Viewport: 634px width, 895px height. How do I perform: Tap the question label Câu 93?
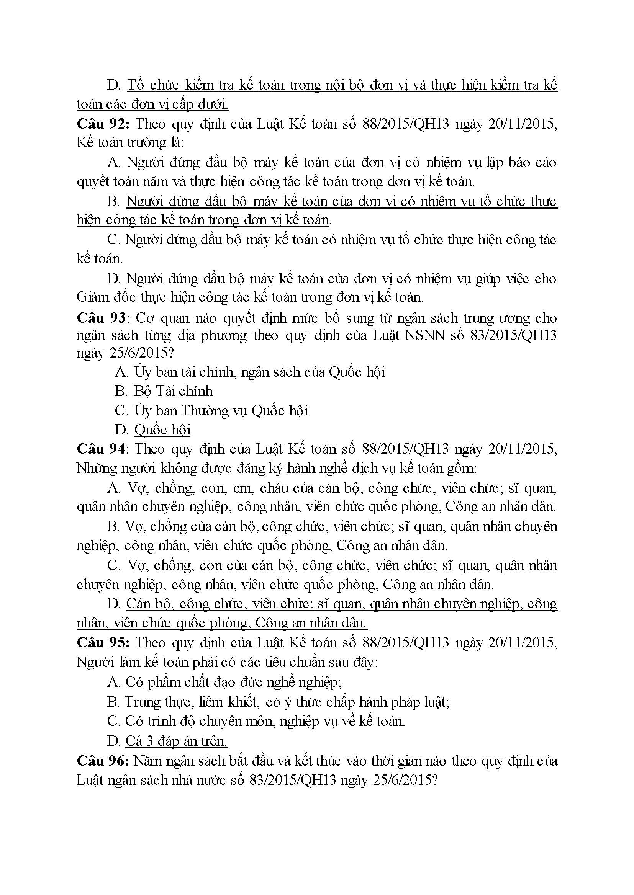(101, 318)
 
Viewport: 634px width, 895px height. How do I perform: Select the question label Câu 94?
(101, 449)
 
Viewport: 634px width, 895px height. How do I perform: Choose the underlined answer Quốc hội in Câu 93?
(162, 430)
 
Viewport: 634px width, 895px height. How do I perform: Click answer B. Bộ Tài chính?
(164, 391)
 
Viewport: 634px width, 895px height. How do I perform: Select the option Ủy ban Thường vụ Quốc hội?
(221, 410)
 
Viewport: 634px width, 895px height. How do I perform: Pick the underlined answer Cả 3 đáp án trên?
(176, 741)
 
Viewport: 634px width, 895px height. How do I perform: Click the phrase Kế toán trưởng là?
(130, 142)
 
